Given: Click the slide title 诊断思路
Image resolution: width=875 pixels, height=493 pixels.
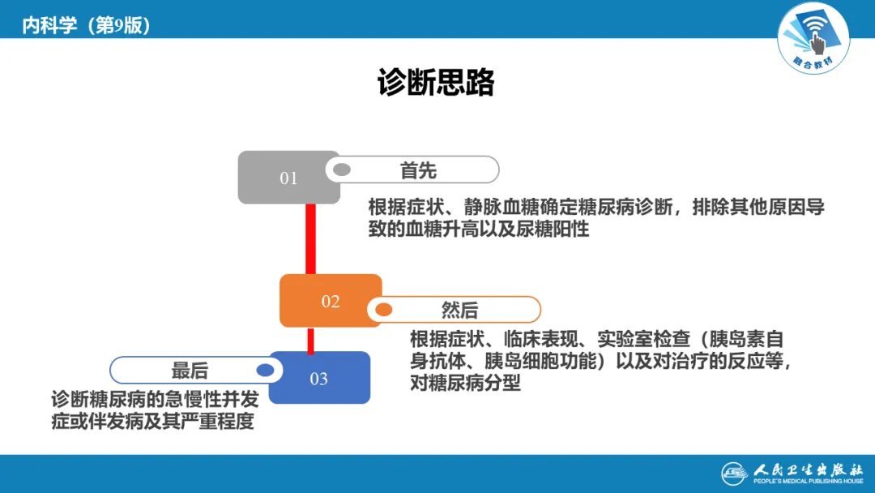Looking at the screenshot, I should point(436,83).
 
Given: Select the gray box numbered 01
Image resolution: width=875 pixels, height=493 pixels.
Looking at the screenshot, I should point(288,178).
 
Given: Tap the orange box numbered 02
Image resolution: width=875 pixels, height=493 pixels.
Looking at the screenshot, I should point(330,301).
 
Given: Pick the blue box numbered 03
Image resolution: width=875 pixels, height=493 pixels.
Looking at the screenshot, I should point(319,379).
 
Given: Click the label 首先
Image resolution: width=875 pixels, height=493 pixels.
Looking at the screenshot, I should point(418,170).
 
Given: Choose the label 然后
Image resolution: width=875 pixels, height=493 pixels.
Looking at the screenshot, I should point(459,310).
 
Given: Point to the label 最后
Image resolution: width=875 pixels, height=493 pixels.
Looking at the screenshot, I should point(190,371).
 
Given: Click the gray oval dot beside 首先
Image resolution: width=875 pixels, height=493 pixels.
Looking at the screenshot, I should point(342,170).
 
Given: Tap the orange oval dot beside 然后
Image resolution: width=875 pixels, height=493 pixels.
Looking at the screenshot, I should point(383,310).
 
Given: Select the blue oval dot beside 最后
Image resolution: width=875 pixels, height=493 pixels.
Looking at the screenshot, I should point(265,370).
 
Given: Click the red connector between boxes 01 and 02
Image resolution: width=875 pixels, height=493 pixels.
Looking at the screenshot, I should point(310,239).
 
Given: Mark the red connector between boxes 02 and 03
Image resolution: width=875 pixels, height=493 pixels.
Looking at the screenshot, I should point(310,340).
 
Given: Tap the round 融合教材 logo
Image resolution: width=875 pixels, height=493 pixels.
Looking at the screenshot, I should point(813,36).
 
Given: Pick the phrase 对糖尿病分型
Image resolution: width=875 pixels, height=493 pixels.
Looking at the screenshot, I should point(465,382).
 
